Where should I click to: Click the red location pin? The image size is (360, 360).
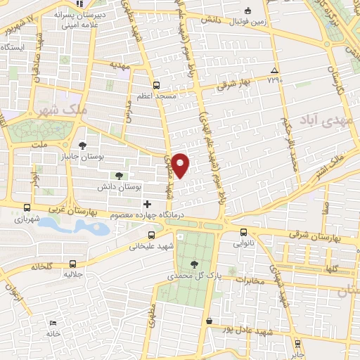[x=181, y=164]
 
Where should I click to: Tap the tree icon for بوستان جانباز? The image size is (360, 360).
[x=84, y=146]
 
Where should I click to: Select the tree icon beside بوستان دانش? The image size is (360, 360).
[x=118, y=176]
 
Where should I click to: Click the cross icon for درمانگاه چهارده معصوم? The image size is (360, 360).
[x=146, y=204]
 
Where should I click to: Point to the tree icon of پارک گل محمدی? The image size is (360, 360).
[x=194, y=264]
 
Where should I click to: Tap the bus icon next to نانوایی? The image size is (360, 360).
[x=244, y=233]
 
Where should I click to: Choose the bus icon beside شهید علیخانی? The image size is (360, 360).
[x=152, y=236]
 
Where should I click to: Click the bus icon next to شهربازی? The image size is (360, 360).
[x=27, y=207]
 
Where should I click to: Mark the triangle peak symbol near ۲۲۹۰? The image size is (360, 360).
[x=274, y=70]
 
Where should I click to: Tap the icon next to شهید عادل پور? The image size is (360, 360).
[x=209, y=321]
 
